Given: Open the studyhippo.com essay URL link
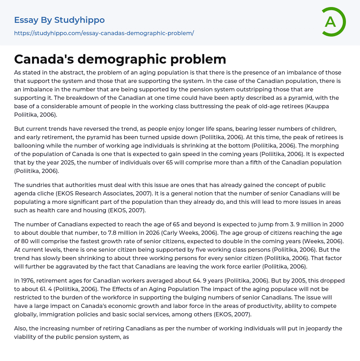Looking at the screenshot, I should pyautogui.click(x=104, y=33).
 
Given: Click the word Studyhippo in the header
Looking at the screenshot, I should pyautogui.click(x=79, y=20).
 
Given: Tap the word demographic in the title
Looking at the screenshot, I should pyautogui.click(x=127, y=59).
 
